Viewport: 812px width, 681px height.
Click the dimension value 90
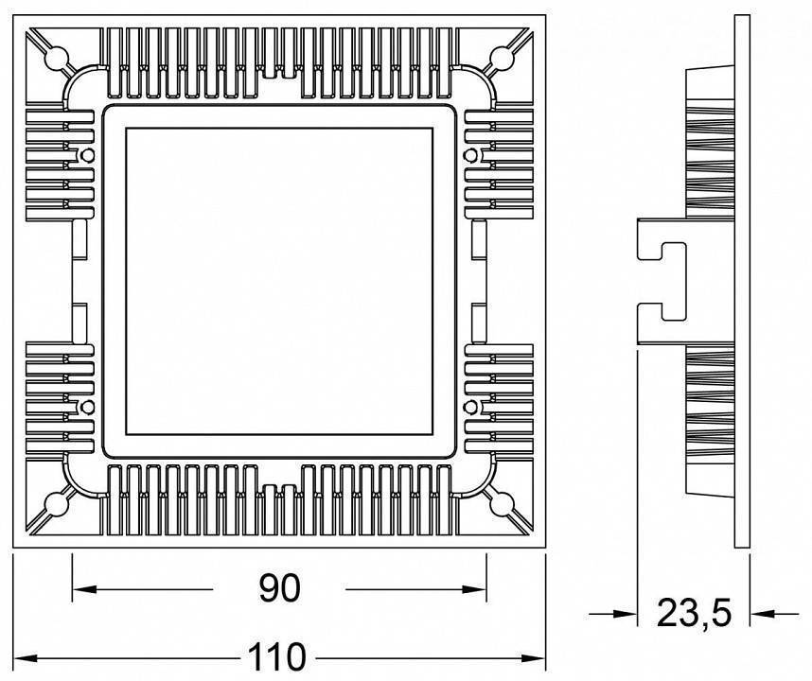tap(279, 588)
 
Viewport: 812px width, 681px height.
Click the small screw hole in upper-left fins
tap(88, 154)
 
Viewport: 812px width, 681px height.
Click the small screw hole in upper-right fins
tap(470, 154)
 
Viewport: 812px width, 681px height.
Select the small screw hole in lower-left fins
tap(88, 407)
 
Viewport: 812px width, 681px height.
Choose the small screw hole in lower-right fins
tap(470, 407)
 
